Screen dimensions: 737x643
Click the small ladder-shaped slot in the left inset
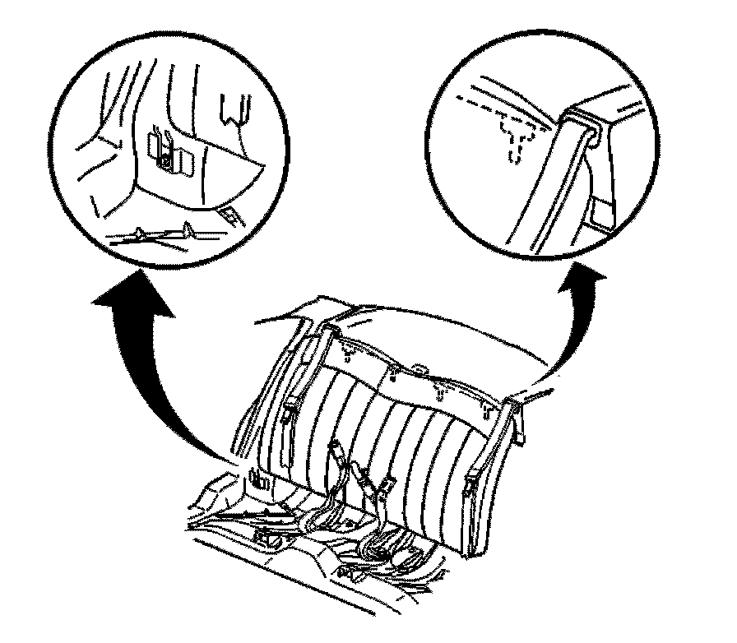pyautogui.click(x=232, y=216)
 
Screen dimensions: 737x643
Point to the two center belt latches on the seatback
pyautogui.click(x=362, y=481)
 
